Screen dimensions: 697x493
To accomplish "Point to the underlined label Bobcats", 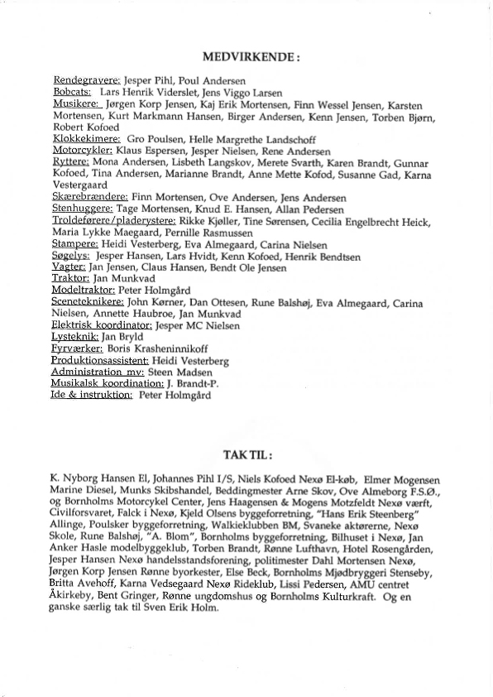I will (x=72, y=94).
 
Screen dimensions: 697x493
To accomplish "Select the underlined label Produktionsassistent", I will (x=100, y=361).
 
